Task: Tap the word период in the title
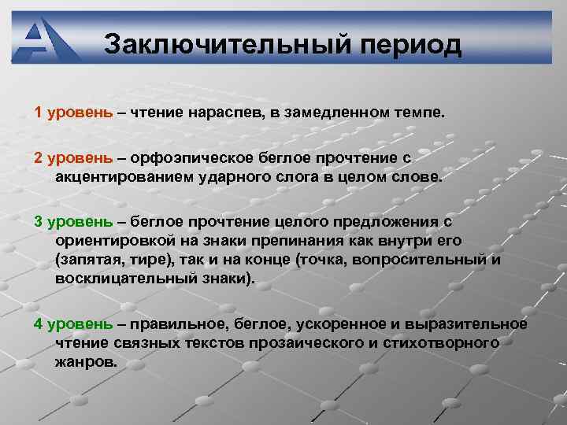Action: [x=410, y=46]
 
